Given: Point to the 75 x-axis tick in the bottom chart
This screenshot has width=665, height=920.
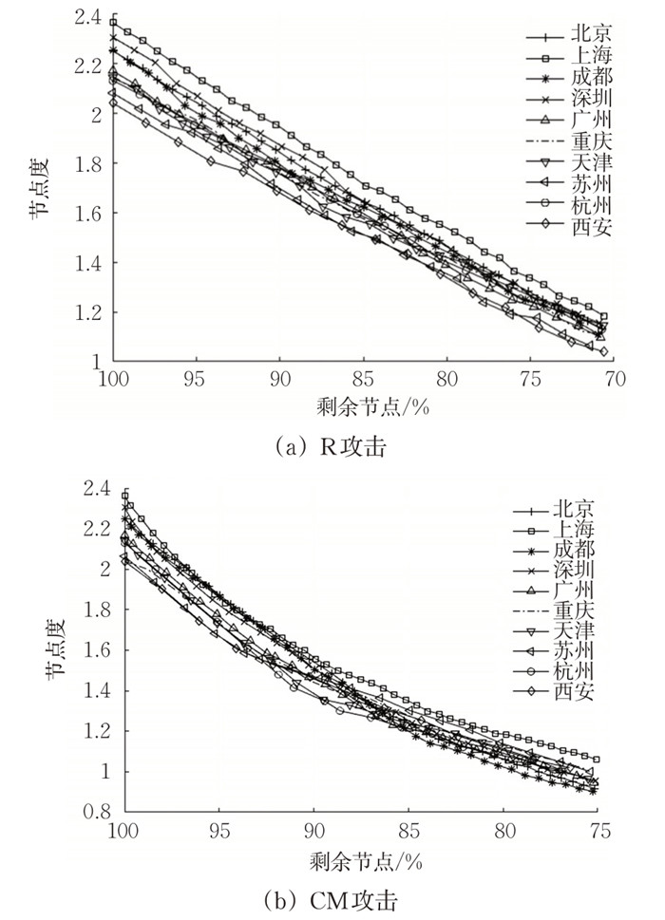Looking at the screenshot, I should (x=598, y=832).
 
